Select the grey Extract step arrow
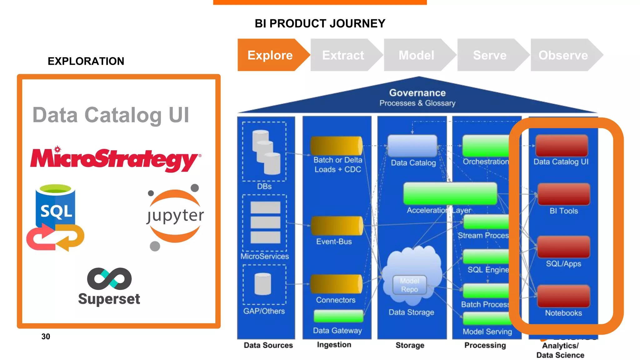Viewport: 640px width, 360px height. (343, 55)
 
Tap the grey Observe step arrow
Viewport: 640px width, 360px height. (563, 55)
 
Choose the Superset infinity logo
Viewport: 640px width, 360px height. (109, 278)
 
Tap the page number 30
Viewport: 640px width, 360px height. (46, 337)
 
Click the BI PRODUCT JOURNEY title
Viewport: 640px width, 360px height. (320, 23)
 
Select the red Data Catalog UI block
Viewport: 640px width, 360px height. (562, 146)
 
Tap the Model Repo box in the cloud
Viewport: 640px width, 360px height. (409, 285)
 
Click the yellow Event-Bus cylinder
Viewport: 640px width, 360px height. (337, 226)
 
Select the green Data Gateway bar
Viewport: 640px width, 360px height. (338, 316)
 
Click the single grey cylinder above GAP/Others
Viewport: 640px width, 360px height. (262, 284)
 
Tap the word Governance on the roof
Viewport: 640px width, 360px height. (417, 93)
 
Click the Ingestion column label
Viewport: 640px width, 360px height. (334, 345)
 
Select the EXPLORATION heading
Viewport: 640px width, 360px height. (86, 61)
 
